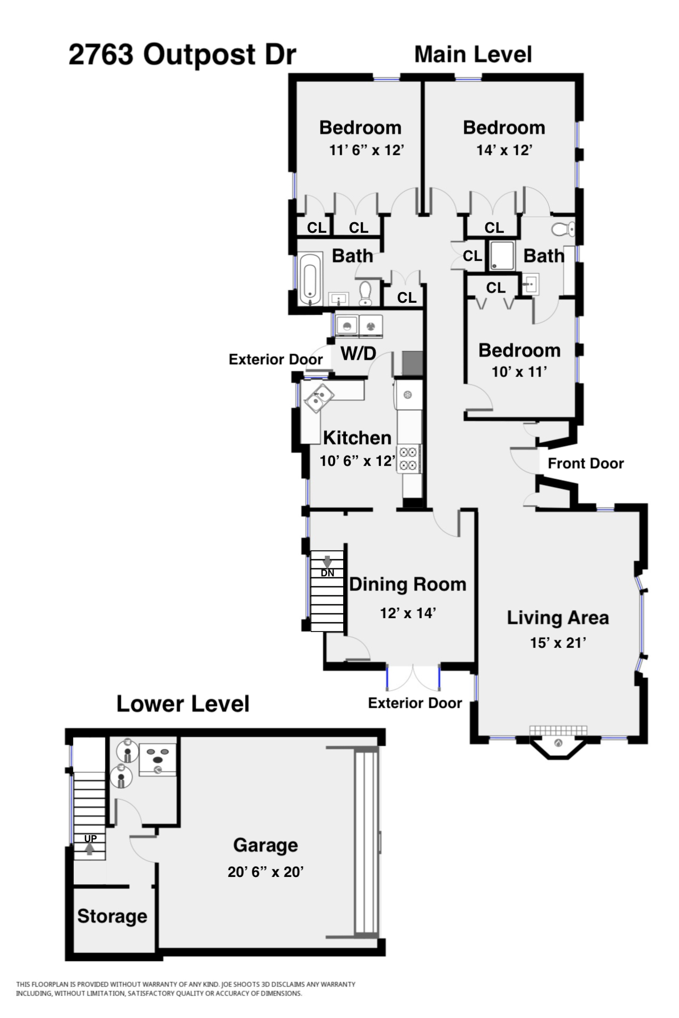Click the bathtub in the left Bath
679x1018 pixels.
pos(309,278)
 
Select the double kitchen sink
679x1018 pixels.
pos(318,398)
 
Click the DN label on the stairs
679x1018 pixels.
pos(327,573)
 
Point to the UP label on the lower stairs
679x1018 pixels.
pos(91,839)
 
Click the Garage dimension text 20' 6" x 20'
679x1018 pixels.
pos(265,872)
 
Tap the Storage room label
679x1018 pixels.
pos(112,916)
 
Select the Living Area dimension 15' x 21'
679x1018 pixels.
pos(558,643)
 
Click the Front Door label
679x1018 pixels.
pos(586,463)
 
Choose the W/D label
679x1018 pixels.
pos(358,353)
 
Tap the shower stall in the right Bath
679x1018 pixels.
pos(502,256)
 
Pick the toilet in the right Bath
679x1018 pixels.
pos(563,229)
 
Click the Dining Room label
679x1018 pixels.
pos(408,584)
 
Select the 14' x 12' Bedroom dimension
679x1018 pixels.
pos(504,150)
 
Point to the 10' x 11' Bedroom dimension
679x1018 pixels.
pos(519,372)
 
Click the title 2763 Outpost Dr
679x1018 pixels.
pos(182,55)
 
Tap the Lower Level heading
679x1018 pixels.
pos(183,704)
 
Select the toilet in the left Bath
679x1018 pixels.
pos(365,293)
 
